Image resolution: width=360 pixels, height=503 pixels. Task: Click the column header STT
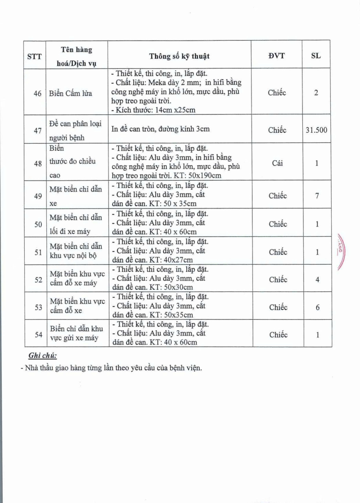tap(34, 56)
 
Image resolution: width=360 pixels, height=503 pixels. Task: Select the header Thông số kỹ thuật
tap(180, 56)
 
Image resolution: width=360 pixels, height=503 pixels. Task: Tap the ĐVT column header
tap(277, 56)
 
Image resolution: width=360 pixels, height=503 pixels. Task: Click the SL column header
tap(316, 56)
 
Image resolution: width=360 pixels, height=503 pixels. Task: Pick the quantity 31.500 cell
tap(316, 130)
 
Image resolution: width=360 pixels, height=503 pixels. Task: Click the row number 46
tap(38, 93)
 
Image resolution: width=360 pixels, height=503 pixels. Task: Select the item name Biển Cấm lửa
tap(70, 93)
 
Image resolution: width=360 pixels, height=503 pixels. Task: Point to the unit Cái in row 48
tap(277, 163)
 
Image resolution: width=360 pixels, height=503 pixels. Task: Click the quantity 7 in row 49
tap(317, 196)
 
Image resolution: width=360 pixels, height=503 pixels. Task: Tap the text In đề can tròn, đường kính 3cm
tap(161, 130)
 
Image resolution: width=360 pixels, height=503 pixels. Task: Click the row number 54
tap(38, 335)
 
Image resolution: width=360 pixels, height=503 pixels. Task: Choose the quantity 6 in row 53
tap(317, 307)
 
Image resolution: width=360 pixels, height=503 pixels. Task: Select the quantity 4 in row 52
tap(317, 280)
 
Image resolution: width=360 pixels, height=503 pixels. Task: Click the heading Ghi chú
tap(42, 356)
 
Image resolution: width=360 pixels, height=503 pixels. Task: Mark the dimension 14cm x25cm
tap(173, 110)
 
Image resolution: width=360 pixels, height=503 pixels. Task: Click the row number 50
tap(38, 224)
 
